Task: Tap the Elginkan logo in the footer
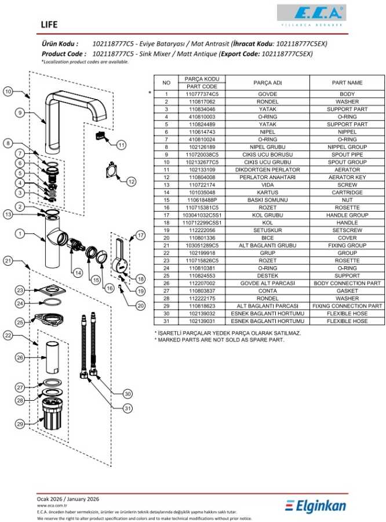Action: [x=316, y=506]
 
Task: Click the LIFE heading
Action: [x=49, y=24]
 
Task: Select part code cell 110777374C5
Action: [x=201, y=93]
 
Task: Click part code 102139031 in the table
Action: [x=201, y=321]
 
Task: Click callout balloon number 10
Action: [x=8, y=91]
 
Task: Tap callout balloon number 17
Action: [x=140, y=235]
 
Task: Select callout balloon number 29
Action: [x=20, y=425]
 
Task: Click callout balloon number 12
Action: [x=131, y=182]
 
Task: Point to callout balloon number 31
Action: [x=128, y=408]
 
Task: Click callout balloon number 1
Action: [x=20, y=234]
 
